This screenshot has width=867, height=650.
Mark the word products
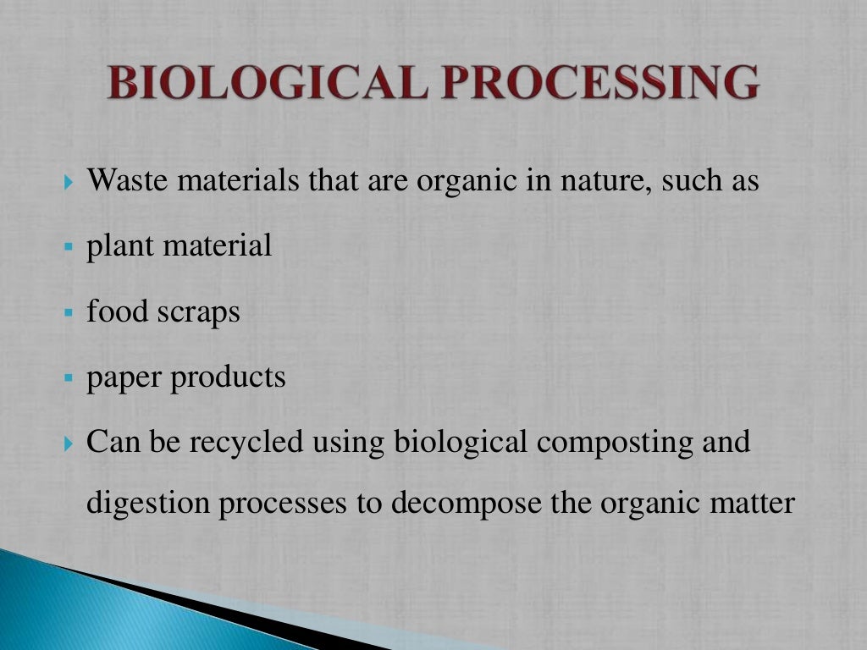pos(229,377)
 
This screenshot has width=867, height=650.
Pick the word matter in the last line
pos(754,503)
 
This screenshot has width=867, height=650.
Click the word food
pos(116,312)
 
